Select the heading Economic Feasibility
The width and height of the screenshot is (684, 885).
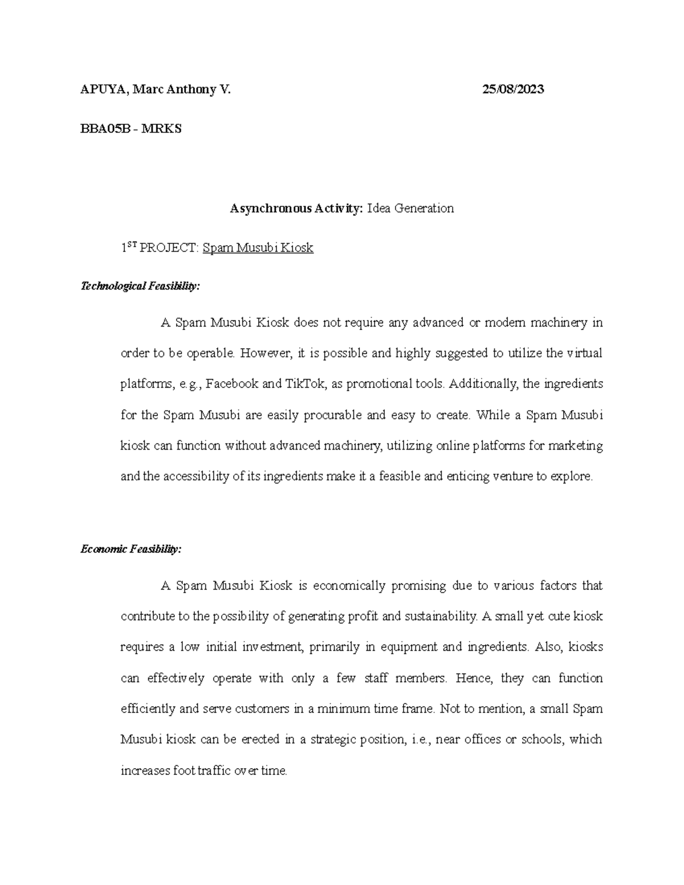(131, 549)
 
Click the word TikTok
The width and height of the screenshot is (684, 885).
(303, 384)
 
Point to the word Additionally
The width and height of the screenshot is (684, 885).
(484, 384)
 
